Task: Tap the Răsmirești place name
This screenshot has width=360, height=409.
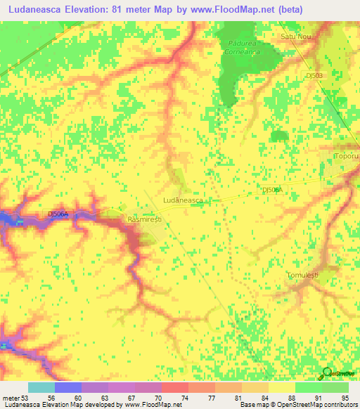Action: (x=145, y=220)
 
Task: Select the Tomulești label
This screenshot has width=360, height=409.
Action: (x=303, y=275)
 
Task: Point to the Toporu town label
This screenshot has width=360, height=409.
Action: (x=347, y=155)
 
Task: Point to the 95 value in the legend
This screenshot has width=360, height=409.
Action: (x=345, y=397)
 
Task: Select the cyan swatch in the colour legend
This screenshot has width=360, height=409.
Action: (x=41, y=387)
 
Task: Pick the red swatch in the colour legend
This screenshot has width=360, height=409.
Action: (x=175, y=387)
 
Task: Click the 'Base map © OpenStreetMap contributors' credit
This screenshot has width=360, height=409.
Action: (x=298, y=405)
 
